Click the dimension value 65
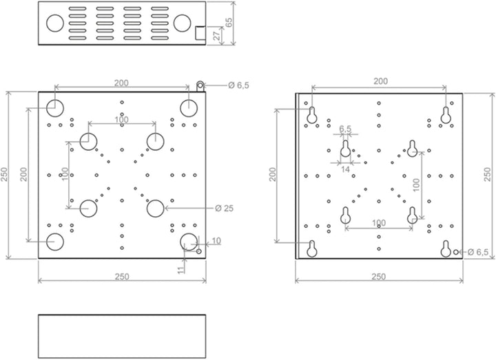coord(229,22)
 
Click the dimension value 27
coord(217,36)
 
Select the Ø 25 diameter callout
coord(224,209)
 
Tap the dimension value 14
coord(345,169)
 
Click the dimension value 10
coord(216,241)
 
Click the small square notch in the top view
coord(200,33)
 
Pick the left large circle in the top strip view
coord(55,23)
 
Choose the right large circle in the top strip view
coord(182,23)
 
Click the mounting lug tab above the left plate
coord(200,86)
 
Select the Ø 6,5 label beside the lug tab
coord(238,85)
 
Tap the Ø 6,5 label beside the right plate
coord(477,252)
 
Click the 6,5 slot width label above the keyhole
coord(345,129)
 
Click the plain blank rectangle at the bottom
coord(122,337)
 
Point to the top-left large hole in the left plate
coord(55,108)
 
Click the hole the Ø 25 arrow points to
coord(156,209)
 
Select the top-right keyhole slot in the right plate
coord(446,115)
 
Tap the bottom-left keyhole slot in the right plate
coord(312,248)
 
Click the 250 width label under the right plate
coord(379,277)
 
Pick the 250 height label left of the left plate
coord(4,174)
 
